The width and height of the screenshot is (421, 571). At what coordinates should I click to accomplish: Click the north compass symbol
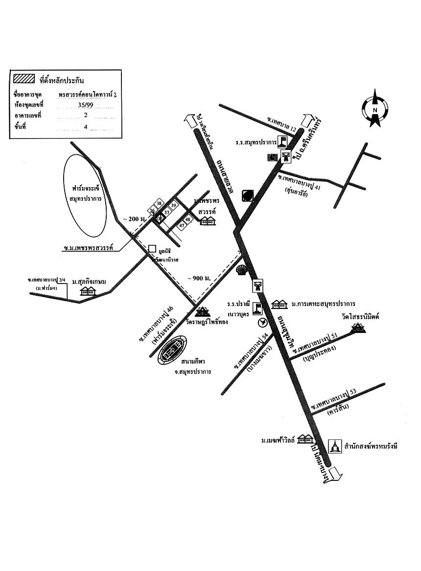pyautogui.click(x=375, y=108)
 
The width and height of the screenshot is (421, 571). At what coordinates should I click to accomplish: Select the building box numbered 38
pyautogui.click(x=159, y=203)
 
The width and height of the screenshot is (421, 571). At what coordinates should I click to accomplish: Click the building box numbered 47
pyautogui.click(x=181, y=225)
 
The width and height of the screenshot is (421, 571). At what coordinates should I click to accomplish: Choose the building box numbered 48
pyautogui.click(x=187, y=220)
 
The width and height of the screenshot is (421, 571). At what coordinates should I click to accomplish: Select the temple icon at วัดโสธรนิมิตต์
pyautogui.click(x=359, y=328)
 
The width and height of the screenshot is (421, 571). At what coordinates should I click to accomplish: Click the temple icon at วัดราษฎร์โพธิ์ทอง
pyautogui.click(x=202, y=311)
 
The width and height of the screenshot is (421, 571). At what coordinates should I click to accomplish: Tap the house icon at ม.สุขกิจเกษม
pyautogui.click(x=88, y=291)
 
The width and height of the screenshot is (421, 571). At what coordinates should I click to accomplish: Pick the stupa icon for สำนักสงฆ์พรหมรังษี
pyautogui.click(x=335, y=446)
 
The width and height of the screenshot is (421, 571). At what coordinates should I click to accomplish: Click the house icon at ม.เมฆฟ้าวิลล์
pyautogui.click(x=305, y=438)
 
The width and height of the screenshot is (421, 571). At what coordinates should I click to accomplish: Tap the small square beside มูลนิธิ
pyautogui.click(x=152, y=249)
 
